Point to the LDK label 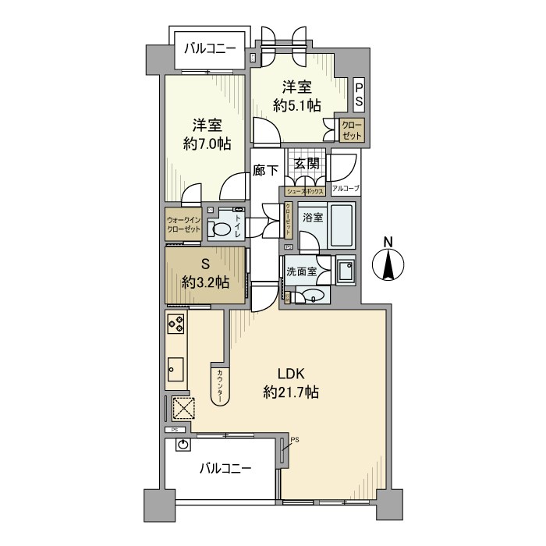(x=290, y=373)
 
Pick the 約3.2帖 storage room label (x=206, y=282)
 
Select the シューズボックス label (x=305, y=190)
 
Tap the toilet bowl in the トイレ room (x=223, y=230)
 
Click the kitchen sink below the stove (x=175, y=367)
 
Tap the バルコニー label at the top (x=210, y=48)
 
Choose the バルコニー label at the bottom (x=225, y=469)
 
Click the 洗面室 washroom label (x=301, y=272)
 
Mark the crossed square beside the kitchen (x=183, y=409)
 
